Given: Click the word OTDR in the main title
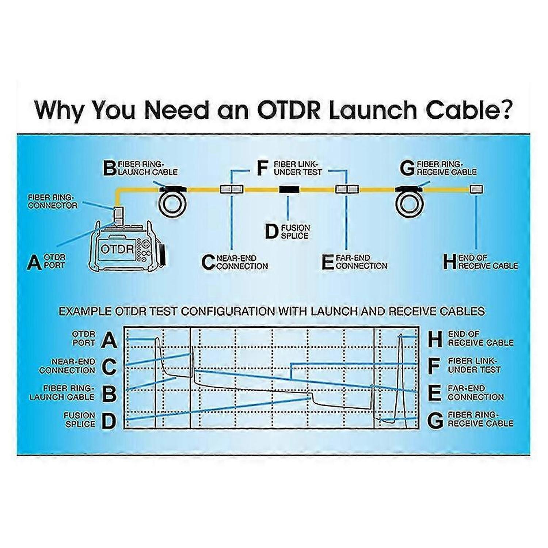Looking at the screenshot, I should click(x=289, y=110).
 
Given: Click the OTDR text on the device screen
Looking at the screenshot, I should click(x=117, y=249).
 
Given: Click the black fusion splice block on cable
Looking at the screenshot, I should click(x=289, y=189).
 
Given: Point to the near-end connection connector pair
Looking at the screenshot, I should click(x=232, y=189).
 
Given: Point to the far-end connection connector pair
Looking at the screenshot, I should click(x=347, y=189).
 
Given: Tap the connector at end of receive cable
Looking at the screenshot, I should click(x=476, y=189).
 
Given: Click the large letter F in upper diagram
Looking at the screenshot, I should click(x=262, y=168).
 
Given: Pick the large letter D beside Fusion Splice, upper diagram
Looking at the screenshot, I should click(x=271, y=232).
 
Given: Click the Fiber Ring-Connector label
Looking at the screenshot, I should click(x=53, y=201).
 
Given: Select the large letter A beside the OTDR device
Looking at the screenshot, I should click(x=34, y=262).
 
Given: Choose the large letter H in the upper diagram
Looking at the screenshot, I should click(x=450, y=262).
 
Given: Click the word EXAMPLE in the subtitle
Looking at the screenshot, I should click(x=85, y=311).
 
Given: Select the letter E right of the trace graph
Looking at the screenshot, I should click(x=434, y=393).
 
